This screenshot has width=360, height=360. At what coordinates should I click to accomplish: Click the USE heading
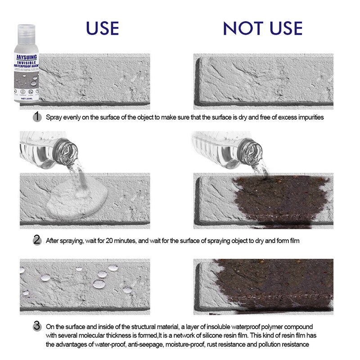[x=103, y=28]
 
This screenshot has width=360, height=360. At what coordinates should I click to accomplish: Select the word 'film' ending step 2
[x=293, y=241]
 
